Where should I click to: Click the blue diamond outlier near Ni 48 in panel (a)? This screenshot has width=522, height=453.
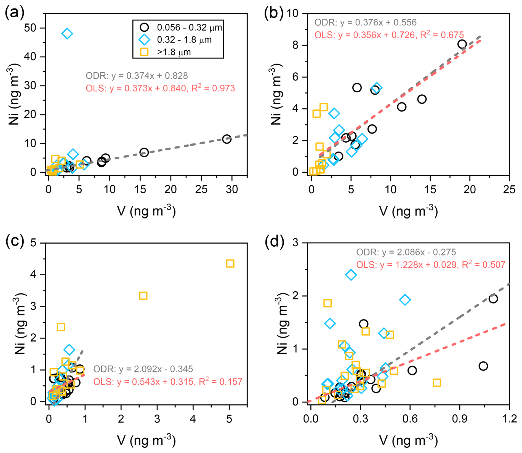pos(67,34)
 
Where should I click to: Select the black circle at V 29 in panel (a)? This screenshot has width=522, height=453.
pos(227,139)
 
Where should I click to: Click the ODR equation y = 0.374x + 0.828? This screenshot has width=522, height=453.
pos(137,76)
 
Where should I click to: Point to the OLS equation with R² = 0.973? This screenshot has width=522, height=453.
pos(160,88)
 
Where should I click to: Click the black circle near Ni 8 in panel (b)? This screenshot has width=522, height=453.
pos(462,44)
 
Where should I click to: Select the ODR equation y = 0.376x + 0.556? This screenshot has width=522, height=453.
pos(365,22)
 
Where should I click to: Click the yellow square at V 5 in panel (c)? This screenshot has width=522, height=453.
pos(230,263)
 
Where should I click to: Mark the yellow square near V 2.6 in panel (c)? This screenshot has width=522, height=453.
pos(143,296)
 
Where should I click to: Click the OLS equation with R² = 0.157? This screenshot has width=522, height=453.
pos(167,382)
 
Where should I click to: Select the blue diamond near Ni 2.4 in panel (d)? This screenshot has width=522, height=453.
pos(351,275)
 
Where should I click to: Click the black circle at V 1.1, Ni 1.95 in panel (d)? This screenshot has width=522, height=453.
pos(493,299)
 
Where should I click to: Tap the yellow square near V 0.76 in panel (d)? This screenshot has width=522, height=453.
pos(436,383)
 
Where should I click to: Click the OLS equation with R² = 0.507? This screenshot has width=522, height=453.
pos(430,265)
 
